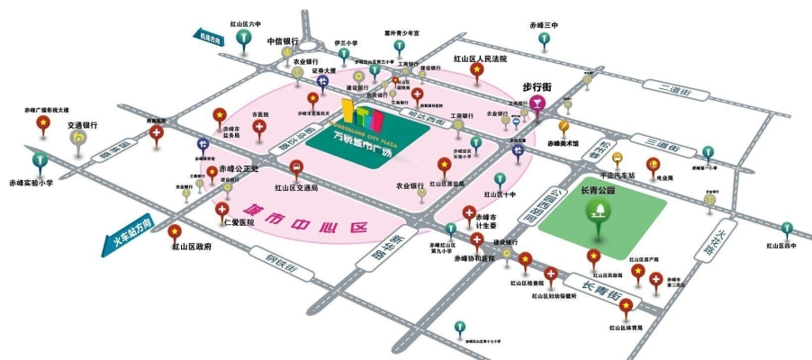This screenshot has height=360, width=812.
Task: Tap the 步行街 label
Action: (x=537, y=87)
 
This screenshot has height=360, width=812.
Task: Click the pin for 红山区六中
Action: (x=242, y=38)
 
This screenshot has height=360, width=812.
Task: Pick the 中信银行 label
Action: (x=282, y=40)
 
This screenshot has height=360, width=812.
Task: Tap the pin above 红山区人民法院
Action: (x=476, y=70)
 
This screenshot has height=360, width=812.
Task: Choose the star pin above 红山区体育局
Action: (x=625, y=307)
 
